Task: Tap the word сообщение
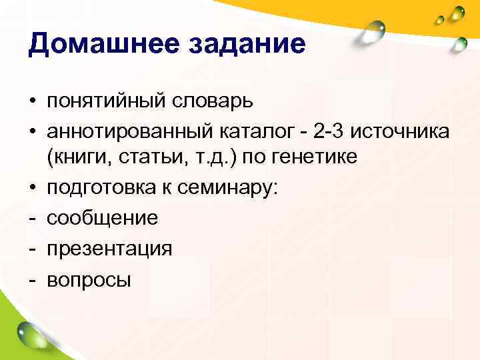click(102, 218)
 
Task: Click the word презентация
click(109, 248)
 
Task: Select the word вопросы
click(88, 279)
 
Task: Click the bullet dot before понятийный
click(32, 102)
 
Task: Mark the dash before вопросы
click(32, 279)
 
